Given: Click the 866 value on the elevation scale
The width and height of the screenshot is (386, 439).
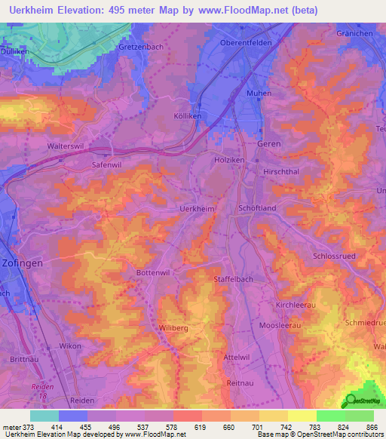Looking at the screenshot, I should [x=370, y=427].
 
